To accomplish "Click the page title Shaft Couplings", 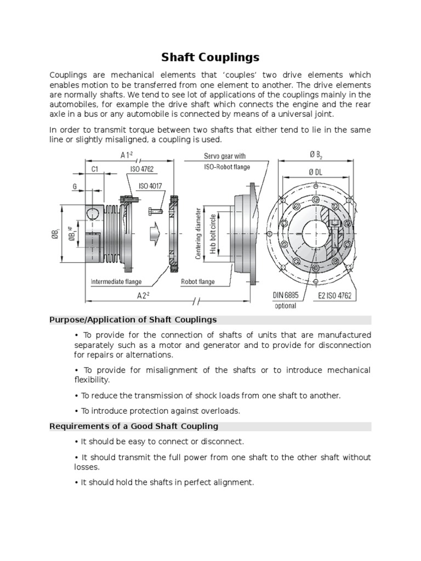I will [210, 58].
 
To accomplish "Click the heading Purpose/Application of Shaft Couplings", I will [133, 319].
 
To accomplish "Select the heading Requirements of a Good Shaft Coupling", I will [134, 426].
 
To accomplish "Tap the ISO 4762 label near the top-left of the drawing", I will [143, 170].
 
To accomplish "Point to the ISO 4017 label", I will [151, 186].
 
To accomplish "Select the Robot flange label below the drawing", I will [198, 282].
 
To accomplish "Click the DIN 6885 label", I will [286, 295].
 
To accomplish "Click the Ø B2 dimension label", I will [315, 155].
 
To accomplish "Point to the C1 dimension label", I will [94, 170].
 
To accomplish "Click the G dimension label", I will [75, 187].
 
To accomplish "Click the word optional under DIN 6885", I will [286, 306].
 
